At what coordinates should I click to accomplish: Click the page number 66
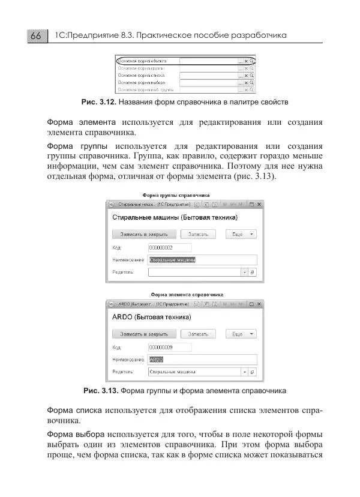click(35, 36)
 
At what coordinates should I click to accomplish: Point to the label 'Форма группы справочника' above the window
click(175, 195)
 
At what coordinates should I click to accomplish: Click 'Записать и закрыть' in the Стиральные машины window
click(144, 234)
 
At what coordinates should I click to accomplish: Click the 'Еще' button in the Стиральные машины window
click(241, 234)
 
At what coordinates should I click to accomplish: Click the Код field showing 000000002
click(169, 247)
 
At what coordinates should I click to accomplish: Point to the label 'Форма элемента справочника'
click(187, 295)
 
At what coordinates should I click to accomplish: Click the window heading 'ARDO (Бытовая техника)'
click(152, 316)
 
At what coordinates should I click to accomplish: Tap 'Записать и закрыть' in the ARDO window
click(144, 334)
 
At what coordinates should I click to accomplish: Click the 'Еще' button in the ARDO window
click(241, 334)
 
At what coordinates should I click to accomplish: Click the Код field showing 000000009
click(169, 347)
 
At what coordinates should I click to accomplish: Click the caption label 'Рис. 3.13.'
click(100, 391)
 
